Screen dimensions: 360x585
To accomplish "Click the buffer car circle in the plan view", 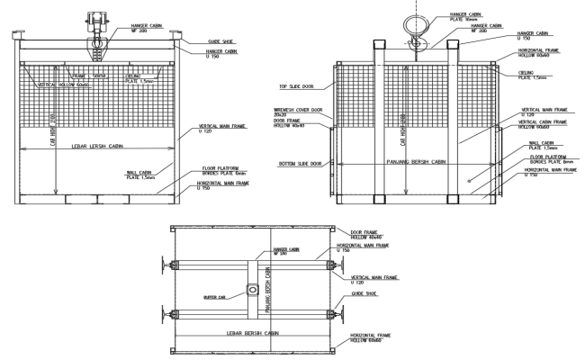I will click(x=253, y=292).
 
